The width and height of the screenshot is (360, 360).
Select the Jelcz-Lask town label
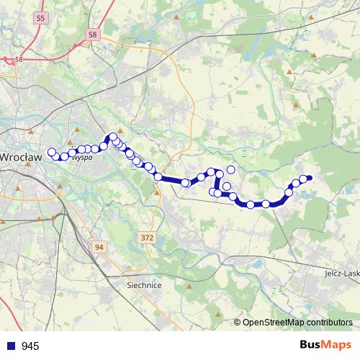(341, 274)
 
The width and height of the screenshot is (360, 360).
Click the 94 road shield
(99, 247)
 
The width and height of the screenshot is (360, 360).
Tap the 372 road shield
(148, 238)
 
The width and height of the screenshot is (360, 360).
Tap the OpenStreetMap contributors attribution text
(297, 322)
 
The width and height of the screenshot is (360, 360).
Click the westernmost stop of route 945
(51, 152)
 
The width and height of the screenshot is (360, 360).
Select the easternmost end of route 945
(310, 178)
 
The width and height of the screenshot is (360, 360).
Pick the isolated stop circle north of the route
(231, 170)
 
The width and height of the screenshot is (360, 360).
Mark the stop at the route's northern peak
(113, 136)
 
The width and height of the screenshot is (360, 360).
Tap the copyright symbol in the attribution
(238, 322)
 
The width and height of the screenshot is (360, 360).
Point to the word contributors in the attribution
(328, 322)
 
